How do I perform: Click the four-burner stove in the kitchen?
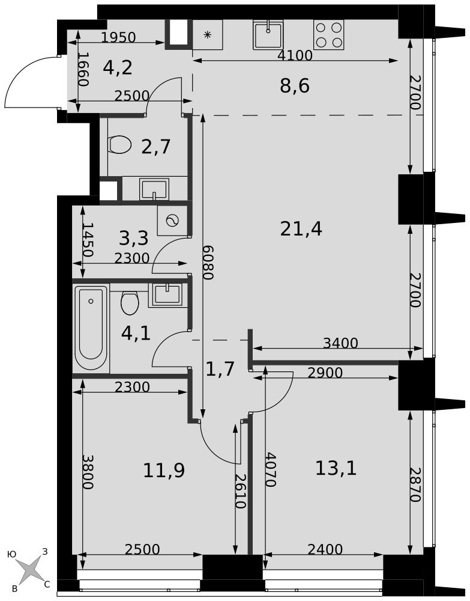coord(328,34)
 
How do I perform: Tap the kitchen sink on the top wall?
coord(268,34)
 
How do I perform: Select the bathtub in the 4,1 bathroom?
coord(91,328)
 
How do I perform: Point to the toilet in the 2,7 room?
coord(120,144)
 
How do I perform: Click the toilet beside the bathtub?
coord(130,303)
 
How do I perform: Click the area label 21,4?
coord(301,230)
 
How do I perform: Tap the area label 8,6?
coord(295,86)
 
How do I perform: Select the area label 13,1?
coord(336,468)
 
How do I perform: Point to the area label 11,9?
coord(164,471)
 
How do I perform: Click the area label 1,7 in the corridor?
coord(220,370)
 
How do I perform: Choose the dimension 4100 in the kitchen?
coord(295,55)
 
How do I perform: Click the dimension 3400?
coord(340,343)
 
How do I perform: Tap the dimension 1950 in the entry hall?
coord(119,37)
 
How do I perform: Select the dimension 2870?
coord(415,484)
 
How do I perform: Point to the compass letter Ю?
coord(12,554)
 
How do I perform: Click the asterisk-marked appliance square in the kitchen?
coord(207,34)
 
